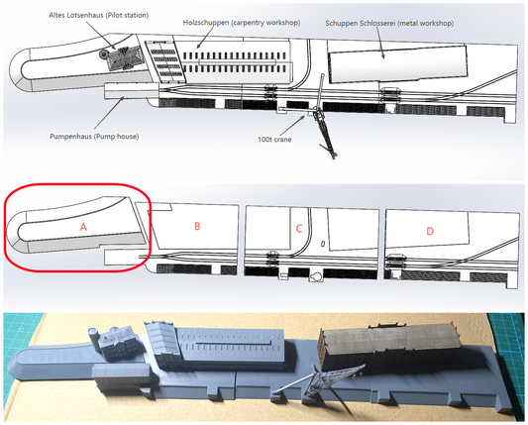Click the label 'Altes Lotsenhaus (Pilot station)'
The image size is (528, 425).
[99, 15]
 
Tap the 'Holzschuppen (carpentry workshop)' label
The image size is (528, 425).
[242, 23]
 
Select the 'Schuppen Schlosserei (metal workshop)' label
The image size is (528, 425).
[389, 23]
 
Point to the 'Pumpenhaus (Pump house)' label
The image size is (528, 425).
[94, 137]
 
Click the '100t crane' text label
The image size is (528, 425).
[274, 140]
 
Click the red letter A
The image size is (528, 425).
[83, 227]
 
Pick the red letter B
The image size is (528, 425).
[197, 226]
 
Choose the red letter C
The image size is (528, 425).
[299, 229]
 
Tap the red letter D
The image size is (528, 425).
[430, 231]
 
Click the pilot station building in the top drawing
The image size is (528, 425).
[126, 57]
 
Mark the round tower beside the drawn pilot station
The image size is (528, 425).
[103, 53]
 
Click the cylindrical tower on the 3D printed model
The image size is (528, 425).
[93, 338]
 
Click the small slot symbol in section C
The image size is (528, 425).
[323, 243]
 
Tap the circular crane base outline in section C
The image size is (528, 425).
[317, 276]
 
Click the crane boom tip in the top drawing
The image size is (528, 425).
[334, 157]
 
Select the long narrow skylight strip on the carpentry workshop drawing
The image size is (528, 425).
[237, 62]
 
